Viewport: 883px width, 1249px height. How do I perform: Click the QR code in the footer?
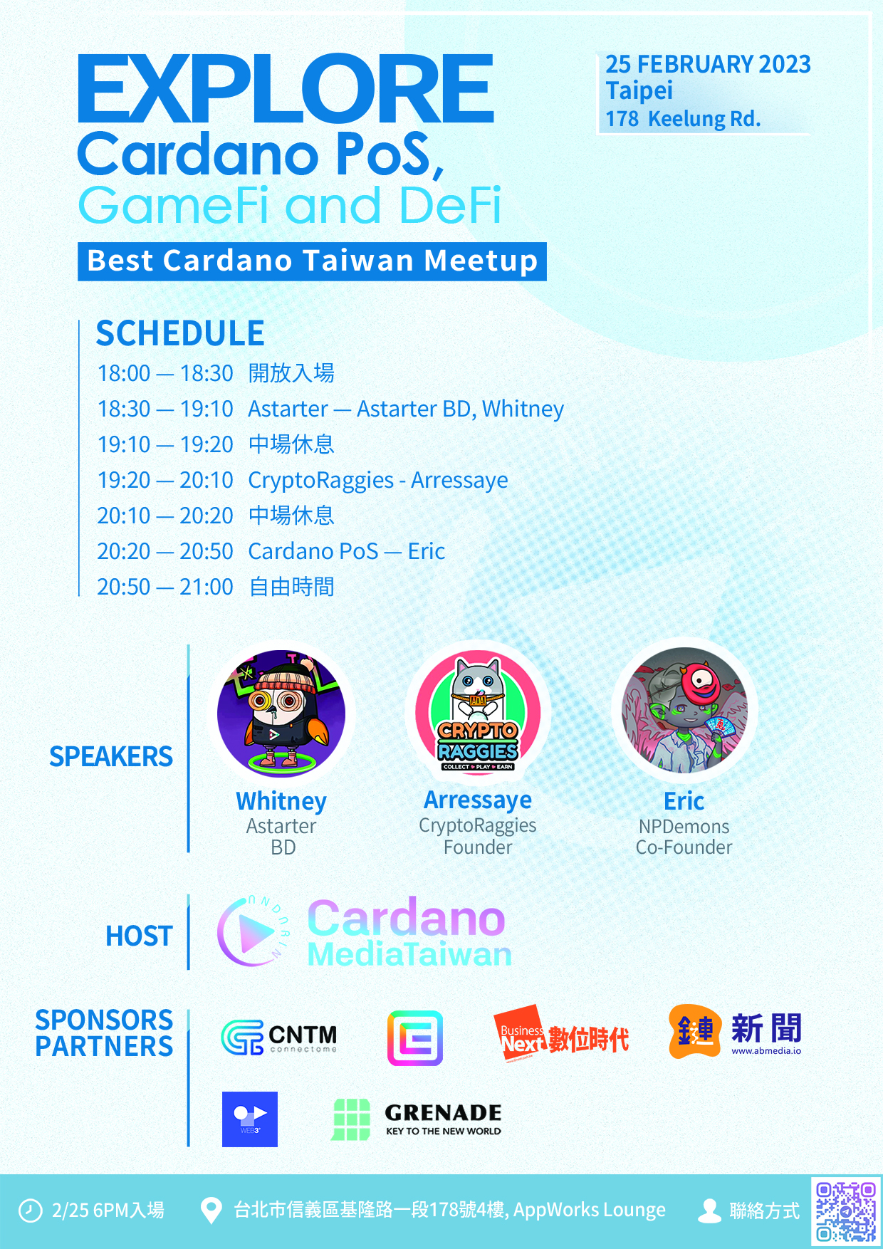pos(845,1211)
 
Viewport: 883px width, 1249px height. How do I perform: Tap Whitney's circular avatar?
pos(281,714)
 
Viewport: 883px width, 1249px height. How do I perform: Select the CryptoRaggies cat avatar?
pos(478,713)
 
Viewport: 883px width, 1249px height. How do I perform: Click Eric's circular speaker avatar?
pos(684,710)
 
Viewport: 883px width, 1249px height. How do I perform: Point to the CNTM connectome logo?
pos(279,1038)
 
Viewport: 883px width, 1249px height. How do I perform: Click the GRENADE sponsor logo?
pos(417,1119)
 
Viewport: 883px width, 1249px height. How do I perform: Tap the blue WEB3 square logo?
pos(250,1119)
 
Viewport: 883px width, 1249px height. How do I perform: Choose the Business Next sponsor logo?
pos(562,1036)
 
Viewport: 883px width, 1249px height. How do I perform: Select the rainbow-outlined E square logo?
pos(415,1038)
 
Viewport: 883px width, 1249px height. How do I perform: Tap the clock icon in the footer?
pos(30,1211)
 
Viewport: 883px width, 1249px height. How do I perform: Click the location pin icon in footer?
pos(211,1211)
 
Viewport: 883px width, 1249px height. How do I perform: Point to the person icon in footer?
pos(709,1211)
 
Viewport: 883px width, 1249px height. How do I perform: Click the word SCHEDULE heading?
pos(180,333)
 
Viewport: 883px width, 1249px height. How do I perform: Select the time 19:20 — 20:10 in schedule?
pos(165,480)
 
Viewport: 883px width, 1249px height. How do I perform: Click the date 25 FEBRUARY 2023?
pos(709,64)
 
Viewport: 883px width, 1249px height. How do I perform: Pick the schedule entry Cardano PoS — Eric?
pos(347,551)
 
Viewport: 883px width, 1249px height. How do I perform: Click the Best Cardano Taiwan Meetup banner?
pos(312,261)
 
